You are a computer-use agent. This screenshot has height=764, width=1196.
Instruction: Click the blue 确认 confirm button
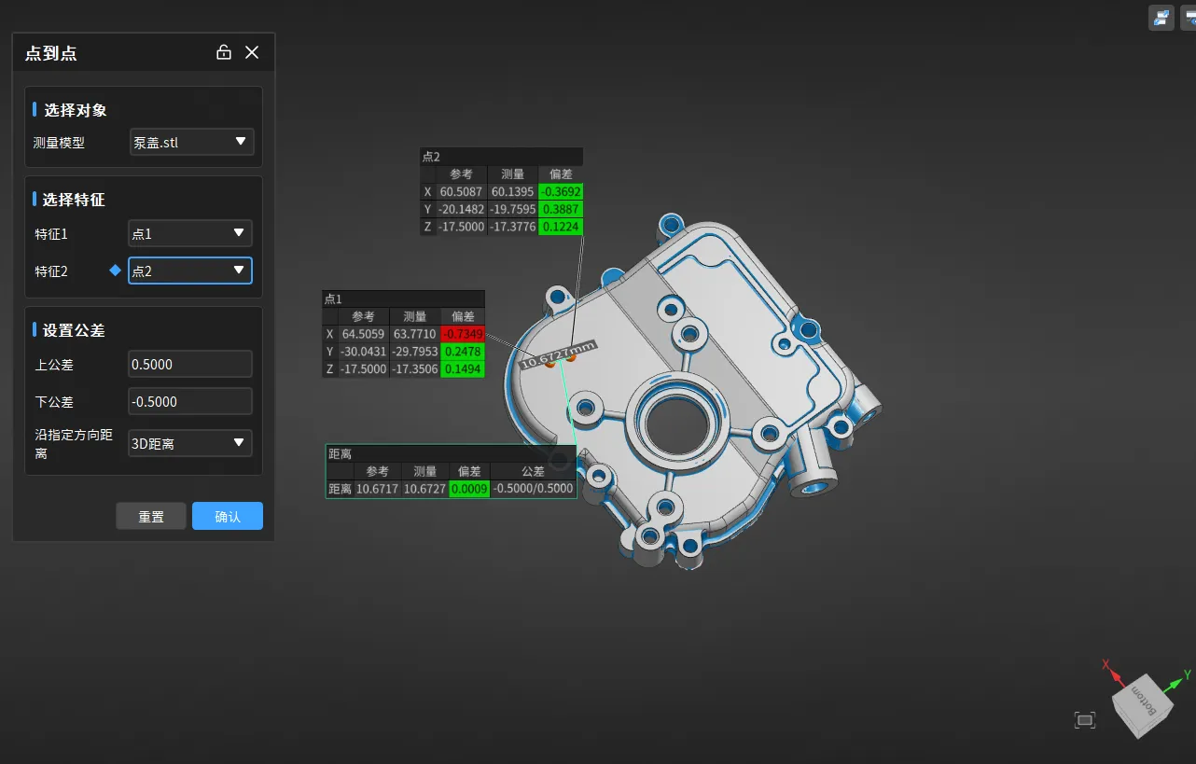pos(228,516)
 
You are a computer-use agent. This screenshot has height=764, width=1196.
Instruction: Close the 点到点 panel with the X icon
pos(252,52)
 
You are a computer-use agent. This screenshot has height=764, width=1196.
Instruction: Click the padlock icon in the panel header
pos(224,52)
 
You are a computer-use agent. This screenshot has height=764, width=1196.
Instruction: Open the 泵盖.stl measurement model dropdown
pos(191,142)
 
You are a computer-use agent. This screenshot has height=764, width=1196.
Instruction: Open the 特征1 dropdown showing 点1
pos(190,233)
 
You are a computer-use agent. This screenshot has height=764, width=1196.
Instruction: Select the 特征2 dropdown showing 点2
pos(190,271)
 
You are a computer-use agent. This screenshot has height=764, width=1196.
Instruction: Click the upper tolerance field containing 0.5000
pos(190,364)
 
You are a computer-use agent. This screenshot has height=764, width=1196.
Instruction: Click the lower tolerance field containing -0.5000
pos(190,401)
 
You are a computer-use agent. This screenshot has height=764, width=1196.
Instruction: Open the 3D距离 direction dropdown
pos(190,443)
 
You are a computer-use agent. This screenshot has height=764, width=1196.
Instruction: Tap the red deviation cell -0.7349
pos(463,334)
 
